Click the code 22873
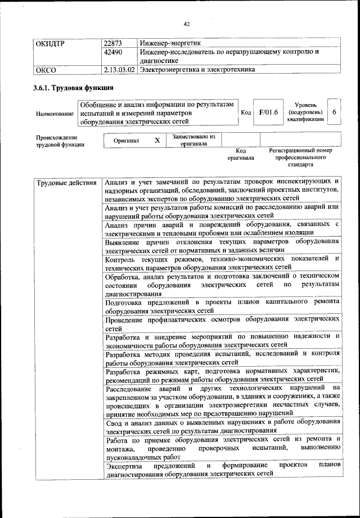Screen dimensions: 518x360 [x=114, y=43]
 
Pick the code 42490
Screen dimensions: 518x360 [x=114, y=52]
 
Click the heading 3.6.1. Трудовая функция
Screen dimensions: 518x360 [x=73, y=88]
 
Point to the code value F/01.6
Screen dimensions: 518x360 [x=268, y=112]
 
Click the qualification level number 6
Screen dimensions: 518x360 [x=334, y=112]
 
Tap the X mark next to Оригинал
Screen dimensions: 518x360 [x=157, y=140]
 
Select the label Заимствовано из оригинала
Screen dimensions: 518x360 [x=193, y=140]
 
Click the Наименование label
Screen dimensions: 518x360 [x=55, y=114]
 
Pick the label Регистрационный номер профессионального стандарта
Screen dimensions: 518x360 [x=300, y=158]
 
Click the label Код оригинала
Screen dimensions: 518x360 [x=241, y=154]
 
